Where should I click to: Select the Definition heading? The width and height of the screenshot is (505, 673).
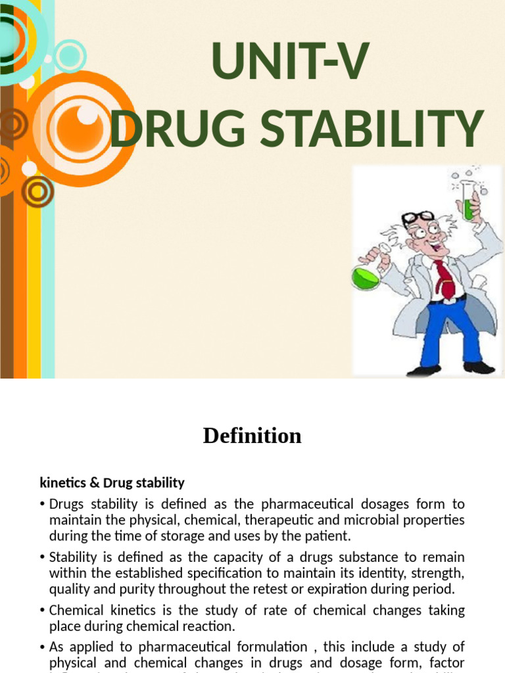point(252,436)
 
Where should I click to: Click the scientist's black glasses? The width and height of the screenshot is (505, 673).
point(419,220)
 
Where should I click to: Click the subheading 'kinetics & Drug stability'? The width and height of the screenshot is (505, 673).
point(112,483)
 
